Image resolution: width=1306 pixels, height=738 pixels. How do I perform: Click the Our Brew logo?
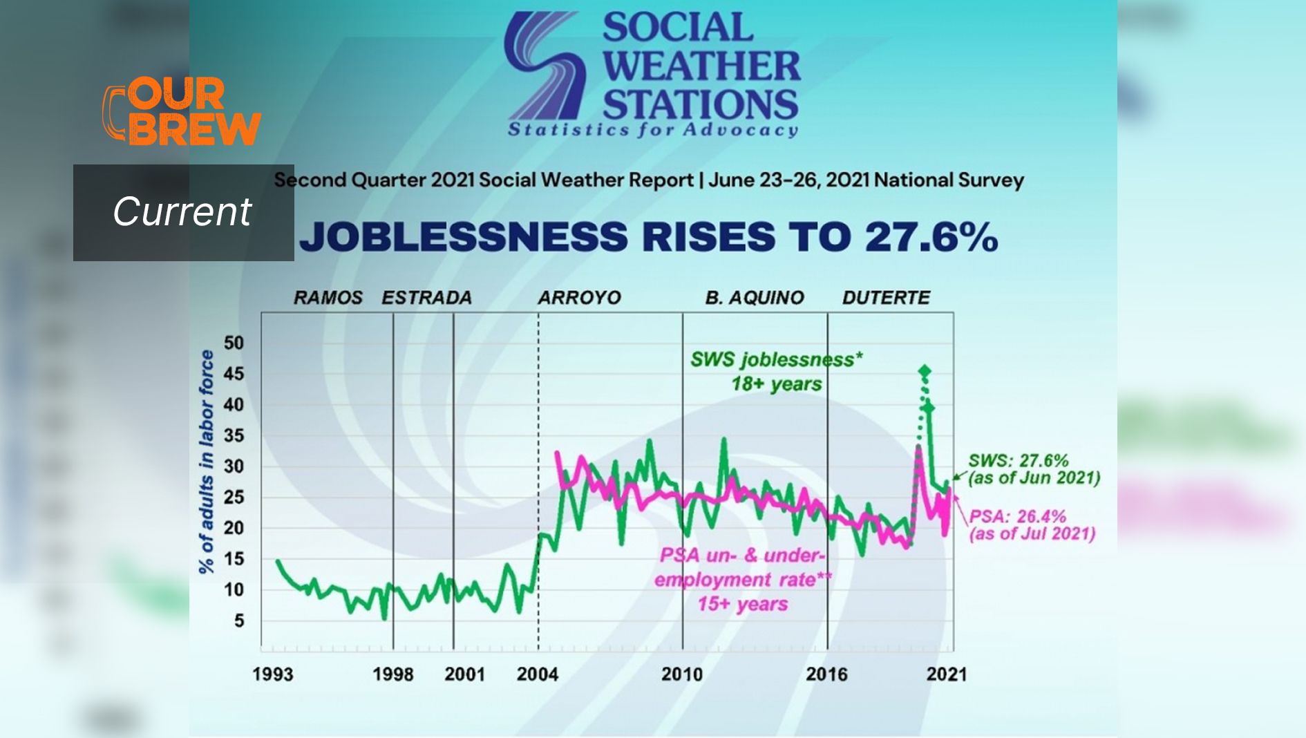coord(181,112)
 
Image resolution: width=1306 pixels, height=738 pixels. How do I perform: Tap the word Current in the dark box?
coord(182,211)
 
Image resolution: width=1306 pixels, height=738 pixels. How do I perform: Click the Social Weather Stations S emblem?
coord(543,66)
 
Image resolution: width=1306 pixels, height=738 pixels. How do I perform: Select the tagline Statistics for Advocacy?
coord(653,130)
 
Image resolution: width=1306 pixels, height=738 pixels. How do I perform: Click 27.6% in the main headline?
coord(931,237)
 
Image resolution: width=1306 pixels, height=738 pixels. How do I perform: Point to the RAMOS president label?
coord(328,298)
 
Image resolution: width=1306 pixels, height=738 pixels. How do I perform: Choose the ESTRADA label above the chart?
coord(426,298)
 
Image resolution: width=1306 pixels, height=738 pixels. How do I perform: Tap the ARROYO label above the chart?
coord(579,298)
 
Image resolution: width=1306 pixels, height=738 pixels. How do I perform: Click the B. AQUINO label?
coord(755,298)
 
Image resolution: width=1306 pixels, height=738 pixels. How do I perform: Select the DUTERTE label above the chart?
coord(886,298)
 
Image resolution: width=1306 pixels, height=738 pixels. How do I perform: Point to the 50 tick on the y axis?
coord(234,343)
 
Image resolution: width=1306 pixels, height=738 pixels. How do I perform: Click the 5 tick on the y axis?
coord(238,621)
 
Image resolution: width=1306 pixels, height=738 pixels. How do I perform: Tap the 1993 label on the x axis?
coord(272,674)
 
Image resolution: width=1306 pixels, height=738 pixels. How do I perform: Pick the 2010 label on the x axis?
coord(681,674)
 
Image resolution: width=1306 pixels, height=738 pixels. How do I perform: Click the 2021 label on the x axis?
coord(946,674)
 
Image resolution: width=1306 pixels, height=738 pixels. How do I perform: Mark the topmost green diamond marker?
coord(925,372)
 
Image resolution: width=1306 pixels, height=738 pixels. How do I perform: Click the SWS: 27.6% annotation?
coord(1018,461)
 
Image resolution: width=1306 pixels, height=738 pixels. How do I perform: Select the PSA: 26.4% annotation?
coord(1017,517)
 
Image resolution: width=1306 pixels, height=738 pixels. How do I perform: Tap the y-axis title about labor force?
coord(207,462)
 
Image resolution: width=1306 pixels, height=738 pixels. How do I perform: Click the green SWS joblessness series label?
coord(776,360)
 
